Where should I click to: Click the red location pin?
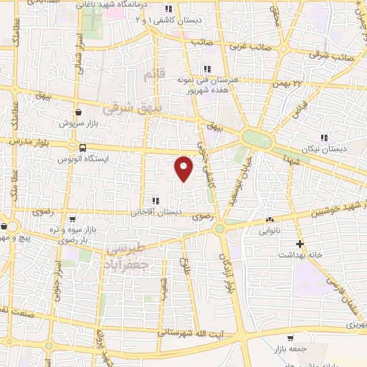[184, 168]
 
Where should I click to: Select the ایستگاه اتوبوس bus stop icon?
[83, 148]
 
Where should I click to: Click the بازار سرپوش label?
[78, 123]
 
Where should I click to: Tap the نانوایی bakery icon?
[269, 220]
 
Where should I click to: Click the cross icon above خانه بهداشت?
[300, 244]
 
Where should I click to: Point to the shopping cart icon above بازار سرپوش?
[78, 112]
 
